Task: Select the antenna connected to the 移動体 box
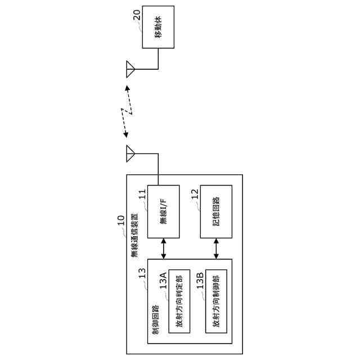[x=130, y=69]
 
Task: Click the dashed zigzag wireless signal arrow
[x=128, y=111]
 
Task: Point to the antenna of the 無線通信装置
[x=130, y=152]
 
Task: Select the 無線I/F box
[x=163, y=211]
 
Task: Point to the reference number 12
[x=195, y=195]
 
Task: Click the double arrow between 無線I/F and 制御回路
[x=163, y=248]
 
